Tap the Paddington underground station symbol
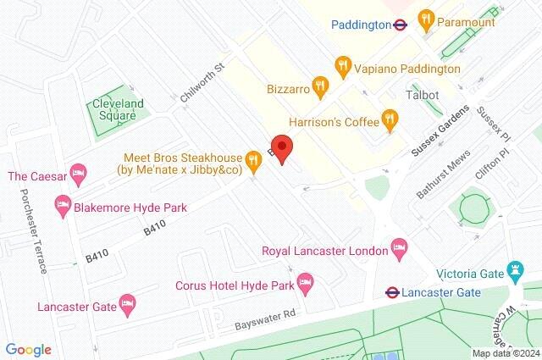[x=401, y=25]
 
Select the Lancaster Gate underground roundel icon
[x=392, y=292]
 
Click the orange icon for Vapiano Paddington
[x=343, y=65]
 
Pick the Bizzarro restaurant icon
[x=319, y=85]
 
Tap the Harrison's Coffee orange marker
[x=390, y=120]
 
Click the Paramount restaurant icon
[x=427, y=19]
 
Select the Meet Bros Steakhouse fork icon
[x=252, y=158]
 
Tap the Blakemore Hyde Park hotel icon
[x=62, y=205]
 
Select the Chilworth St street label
[x=202, y=83]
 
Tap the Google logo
[x=28, y=349]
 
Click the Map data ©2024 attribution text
[x=505, y=353]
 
